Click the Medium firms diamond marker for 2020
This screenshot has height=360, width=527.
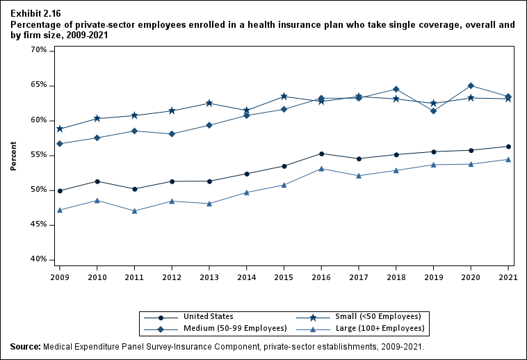pos(471,85)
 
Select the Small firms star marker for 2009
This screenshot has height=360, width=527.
pos(60,129)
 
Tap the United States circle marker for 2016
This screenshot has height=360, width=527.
pos(321,154)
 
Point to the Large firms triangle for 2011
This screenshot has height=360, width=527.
pos(134,211)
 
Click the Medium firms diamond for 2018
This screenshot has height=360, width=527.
pos(396,89)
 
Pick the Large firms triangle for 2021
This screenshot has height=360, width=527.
pos(508,159)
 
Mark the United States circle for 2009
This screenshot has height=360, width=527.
pos(60,190)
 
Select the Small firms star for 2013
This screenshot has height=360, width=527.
pos(209,104)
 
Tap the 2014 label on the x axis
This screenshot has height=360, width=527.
pos(246,277)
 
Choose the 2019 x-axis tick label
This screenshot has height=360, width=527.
pos(433,277)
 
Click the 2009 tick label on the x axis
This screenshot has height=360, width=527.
pos(60,277)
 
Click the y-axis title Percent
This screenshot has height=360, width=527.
pos(13,156)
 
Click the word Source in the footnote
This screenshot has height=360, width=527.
pos(25,346)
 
